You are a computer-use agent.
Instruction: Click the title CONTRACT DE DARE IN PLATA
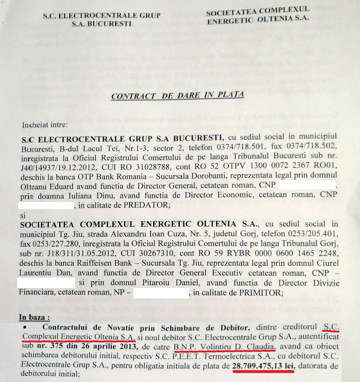[177, 96]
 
